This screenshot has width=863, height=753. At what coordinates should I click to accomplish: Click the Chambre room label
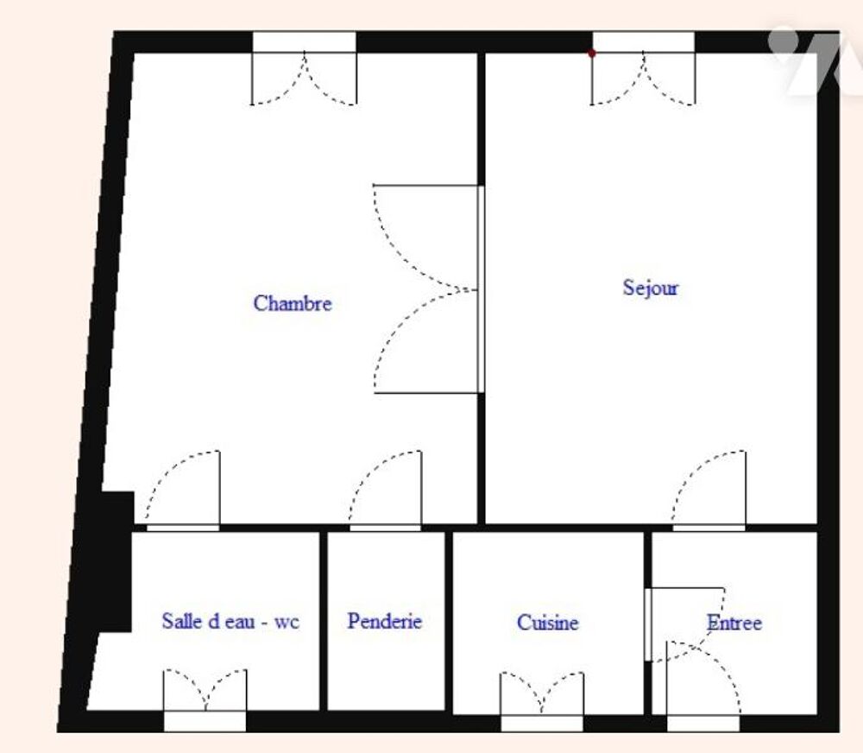point(293,303)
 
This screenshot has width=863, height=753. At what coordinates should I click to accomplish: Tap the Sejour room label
point(651,288)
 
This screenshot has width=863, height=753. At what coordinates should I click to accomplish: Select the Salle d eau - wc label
point(230,622)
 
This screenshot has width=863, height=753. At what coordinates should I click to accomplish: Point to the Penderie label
point(385,622)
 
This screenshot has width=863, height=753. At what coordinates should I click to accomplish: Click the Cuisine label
point(548,623)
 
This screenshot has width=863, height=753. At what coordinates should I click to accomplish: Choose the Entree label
point(734,623)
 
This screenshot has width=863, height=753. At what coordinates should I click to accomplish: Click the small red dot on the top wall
point(592,54)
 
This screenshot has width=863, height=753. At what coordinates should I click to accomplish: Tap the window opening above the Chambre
point(305,41)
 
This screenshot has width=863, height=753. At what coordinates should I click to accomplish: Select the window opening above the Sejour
point(644,41)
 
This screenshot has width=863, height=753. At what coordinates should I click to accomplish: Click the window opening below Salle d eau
point(205,721)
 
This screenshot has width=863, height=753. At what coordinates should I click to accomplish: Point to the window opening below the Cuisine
point(542,724)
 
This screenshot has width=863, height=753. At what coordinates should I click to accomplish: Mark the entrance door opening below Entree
point(702,724)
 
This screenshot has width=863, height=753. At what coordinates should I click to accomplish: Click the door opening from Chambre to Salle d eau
point(183,528)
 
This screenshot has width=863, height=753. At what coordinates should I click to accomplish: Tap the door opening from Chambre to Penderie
point(385,528)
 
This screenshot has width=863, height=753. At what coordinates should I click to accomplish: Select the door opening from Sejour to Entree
point(709,528)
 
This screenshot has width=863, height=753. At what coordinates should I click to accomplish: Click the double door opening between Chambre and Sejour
point(481,289)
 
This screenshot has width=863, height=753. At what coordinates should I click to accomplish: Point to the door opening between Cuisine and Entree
point(648,624)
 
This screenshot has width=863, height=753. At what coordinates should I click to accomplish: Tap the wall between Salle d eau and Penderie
point(324,621)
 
